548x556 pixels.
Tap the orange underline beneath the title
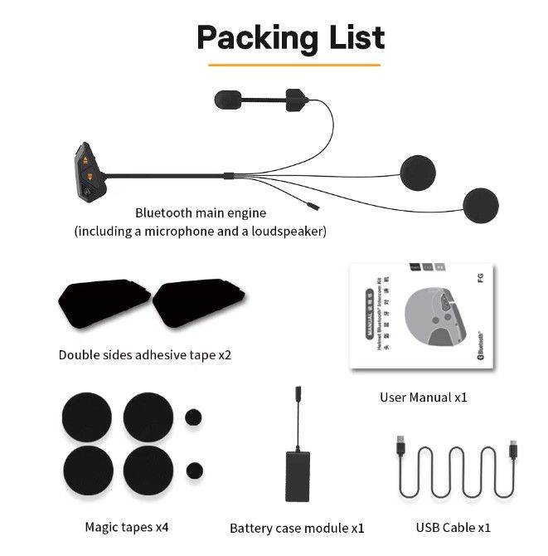tap(293, 64)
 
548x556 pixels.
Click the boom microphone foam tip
tap(226, 98)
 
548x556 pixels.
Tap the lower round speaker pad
tap(481, 204)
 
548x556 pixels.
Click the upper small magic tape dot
tap(194, 417)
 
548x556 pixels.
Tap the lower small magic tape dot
tap(195, 470)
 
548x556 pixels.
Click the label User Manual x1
tap(424, 397)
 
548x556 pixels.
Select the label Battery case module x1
tap(297, 528)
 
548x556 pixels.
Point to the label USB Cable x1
tap(453, 527)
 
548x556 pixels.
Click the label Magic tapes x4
tap(127, 527)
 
